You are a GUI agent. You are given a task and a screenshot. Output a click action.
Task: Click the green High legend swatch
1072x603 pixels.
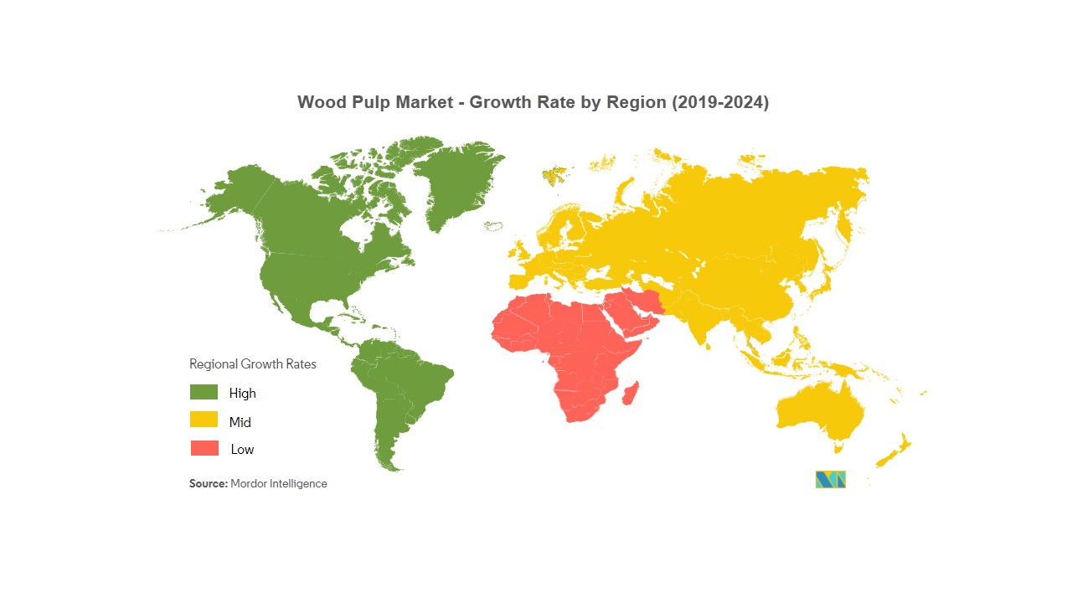click(204, 392)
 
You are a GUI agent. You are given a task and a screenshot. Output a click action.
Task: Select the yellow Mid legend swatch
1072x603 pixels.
click(204, 420)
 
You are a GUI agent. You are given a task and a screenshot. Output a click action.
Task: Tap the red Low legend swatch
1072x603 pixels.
click(204, 448)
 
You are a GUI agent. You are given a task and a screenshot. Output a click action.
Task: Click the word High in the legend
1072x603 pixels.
click(243, 393)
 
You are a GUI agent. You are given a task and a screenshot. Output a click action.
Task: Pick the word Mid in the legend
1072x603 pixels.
click(240, 422)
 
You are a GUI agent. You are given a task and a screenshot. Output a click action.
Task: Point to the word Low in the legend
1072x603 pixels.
click(242, 450)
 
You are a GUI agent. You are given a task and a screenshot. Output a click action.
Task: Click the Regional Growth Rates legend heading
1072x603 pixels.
click(253, 364)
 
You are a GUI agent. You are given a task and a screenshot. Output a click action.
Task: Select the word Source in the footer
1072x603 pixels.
click(208, 484)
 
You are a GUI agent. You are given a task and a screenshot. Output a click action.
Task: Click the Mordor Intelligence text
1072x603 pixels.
click(279, 484)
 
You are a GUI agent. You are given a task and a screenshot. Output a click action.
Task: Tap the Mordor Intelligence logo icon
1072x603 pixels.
click(830, 479)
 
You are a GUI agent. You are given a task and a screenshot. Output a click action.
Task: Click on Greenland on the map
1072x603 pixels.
click(456, 180)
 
